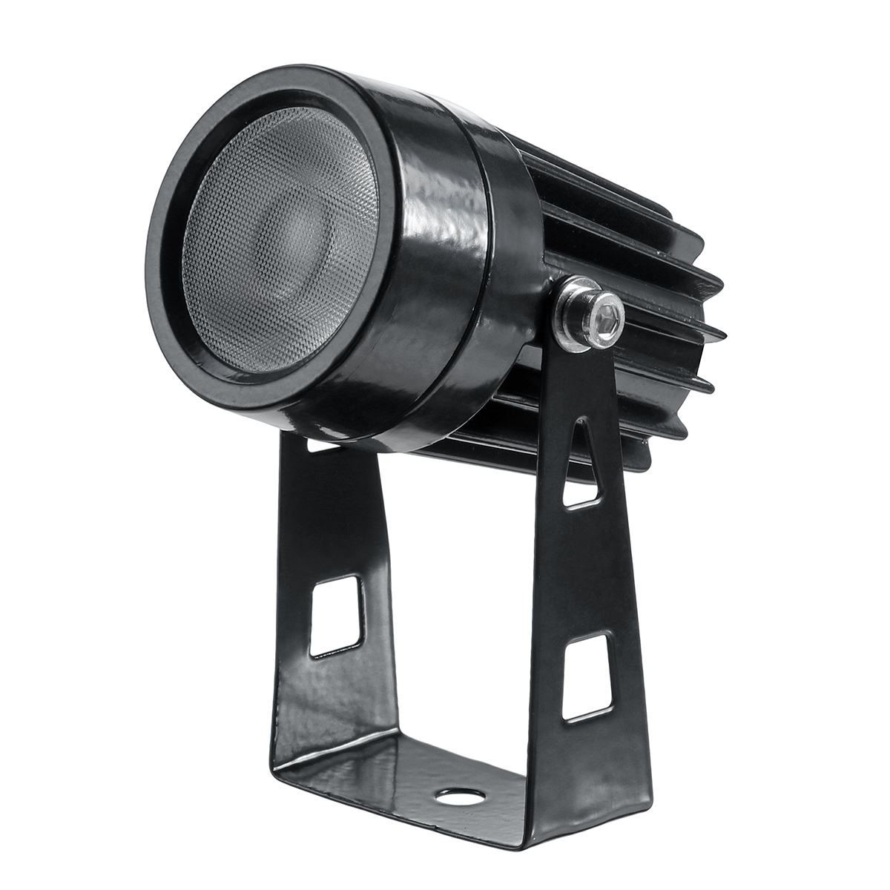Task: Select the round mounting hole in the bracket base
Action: [x=460, y=797]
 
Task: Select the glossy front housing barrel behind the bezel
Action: [x=430, y=245]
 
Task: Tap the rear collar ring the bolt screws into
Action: [x=512, y=222]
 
